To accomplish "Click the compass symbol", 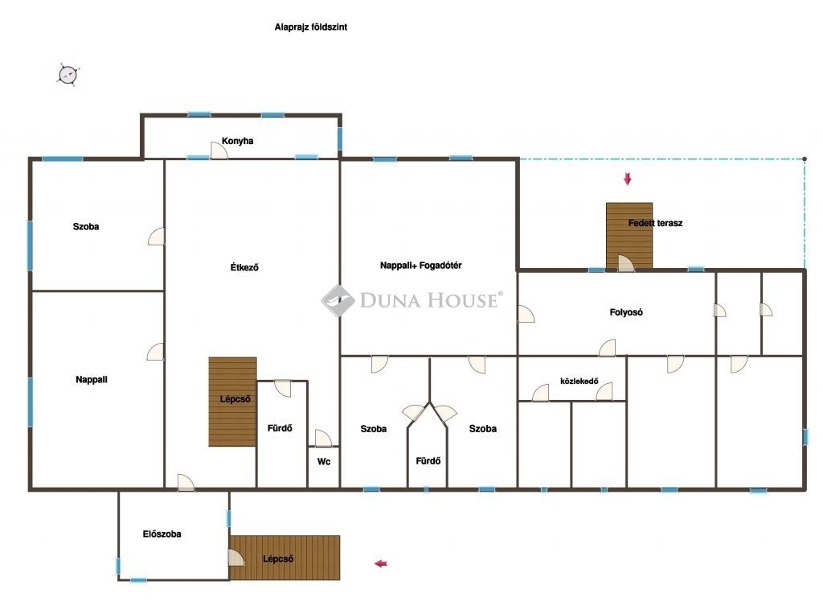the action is [68, 75].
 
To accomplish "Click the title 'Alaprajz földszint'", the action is [311, 27].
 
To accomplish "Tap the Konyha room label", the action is [237, 141].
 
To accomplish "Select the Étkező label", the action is [244, 267].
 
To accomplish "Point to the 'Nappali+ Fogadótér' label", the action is [421, 266].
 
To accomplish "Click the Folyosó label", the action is [626, 312].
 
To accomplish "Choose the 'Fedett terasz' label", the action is [656, 223].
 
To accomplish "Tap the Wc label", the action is [324, 462].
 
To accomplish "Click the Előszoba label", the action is [162, 534].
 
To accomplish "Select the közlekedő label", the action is [579, 381].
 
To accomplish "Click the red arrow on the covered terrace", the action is [627, 179].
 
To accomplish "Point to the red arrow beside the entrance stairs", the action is [380, 563].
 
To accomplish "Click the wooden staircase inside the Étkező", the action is [232, 402].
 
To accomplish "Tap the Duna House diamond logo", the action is [338, 301].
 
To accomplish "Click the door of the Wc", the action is [323, 438].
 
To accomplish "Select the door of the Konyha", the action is [219, 150].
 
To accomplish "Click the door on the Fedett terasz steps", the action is [625, 263].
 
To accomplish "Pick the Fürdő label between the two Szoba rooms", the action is [428, 461].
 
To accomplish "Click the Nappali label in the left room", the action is [92, 380].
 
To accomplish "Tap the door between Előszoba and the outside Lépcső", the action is [236, 557].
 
